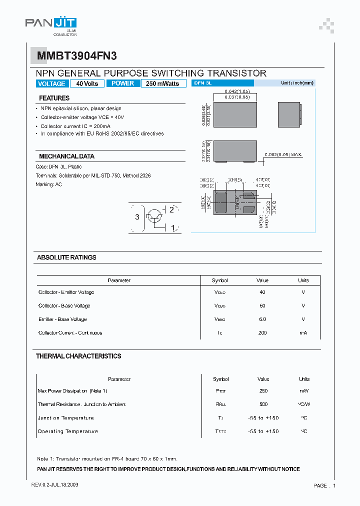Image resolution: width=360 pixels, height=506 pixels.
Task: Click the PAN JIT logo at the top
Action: pos(50,23)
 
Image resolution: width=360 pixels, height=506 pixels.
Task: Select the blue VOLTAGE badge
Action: pos(51,83)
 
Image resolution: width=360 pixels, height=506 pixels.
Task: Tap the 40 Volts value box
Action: pos(87,83)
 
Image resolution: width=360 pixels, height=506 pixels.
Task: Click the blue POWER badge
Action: pos(123,83)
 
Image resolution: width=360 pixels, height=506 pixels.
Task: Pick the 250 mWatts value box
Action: pos(163,83)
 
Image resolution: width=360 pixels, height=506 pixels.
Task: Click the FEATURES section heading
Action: pos(54,98)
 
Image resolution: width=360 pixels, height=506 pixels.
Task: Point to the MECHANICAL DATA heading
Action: pos(66,156)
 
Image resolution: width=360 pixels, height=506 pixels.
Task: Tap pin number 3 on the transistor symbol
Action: pos(137,217)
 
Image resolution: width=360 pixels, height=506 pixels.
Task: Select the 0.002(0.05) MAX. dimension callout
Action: pos(283,155)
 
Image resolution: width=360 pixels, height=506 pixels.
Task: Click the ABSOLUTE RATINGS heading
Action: pos(66,257)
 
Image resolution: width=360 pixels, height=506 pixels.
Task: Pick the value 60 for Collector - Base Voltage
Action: pos(262,305)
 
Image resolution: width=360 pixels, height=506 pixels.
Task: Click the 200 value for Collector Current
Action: pos(262,332)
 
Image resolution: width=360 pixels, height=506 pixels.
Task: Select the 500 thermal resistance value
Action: pos(263,404)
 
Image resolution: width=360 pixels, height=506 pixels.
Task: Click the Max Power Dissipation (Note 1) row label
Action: pos(72,390)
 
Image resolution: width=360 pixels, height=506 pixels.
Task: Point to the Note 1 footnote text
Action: pos(107,458)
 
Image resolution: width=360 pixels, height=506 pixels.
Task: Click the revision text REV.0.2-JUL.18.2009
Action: pos(54,485)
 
